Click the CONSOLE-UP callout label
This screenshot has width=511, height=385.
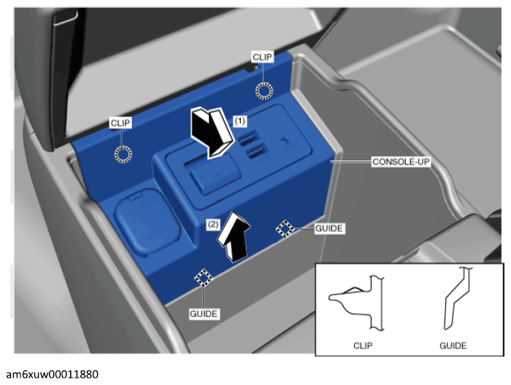coord(401,161)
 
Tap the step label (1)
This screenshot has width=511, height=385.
coord(240,121)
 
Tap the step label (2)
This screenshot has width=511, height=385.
coord(213,224)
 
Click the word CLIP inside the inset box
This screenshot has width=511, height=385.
coord(363,346)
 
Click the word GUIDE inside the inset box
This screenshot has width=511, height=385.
coord(453,346)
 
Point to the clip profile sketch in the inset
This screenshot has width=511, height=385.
coord(357,302)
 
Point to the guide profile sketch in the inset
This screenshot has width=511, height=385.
coord(456,298)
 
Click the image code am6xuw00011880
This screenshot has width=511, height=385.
coord(52,374)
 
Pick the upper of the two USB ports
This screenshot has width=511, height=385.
coord(249,140)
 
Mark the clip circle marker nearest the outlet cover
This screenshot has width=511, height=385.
coord(123,154)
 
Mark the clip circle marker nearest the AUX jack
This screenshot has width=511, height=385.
coord(264,91)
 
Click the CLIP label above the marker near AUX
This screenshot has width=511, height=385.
coord(262,57)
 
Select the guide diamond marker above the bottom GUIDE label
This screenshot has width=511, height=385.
coord(204,278)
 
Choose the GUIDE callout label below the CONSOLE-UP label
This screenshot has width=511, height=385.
coord(328,229)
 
